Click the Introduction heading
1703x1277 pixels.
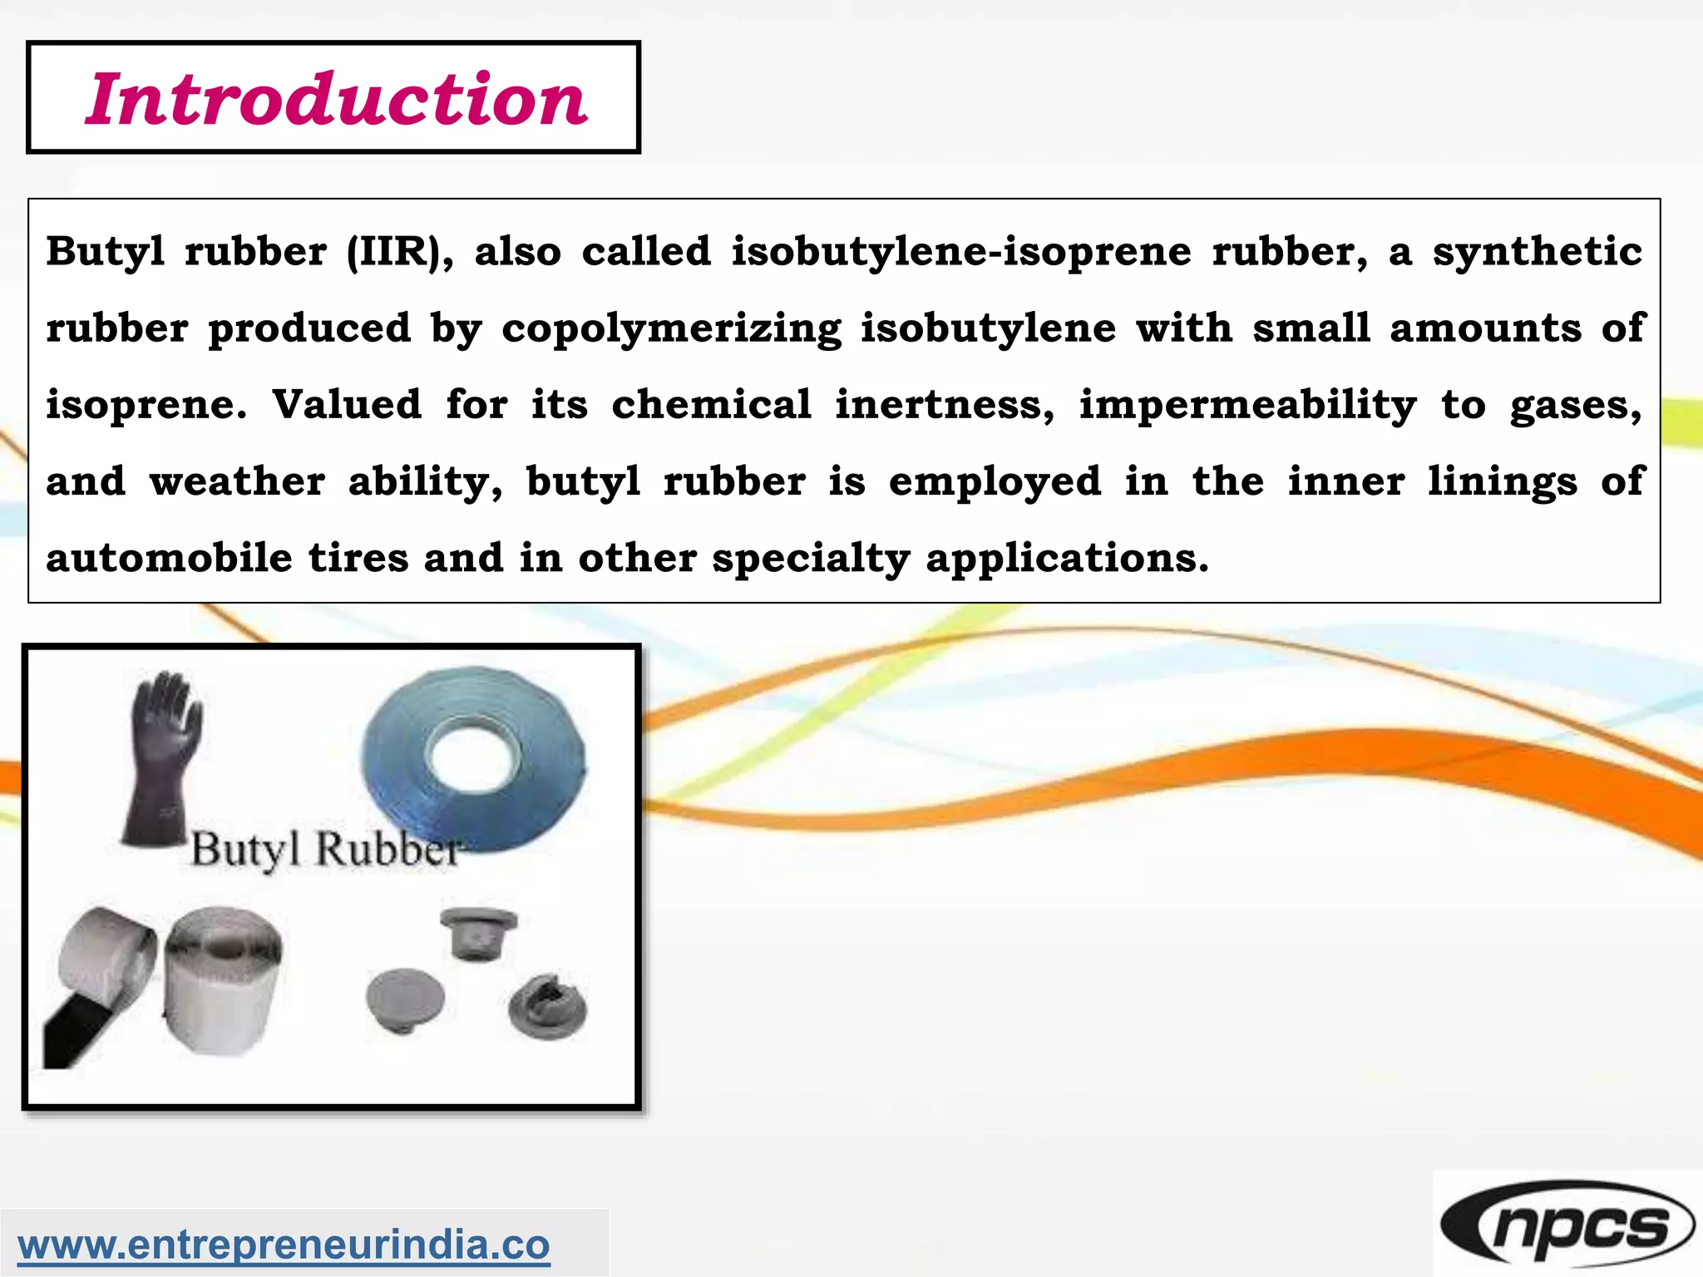[336, 99]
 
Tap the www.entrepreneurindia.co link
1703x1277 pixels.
[284, 1245]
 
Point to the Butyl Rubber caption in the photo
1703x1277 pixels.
[325, 850]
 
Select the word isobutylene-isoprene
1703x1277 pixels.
[961, 251]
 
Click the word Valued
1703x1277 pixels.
[347, 405]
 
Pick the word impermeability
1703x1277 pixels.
[1247, 406]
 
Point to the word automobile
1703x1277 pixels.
[169, 558]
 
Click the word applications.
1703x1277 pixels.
[1066, 559]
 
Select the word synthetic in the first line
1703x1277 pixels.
[1537, 251]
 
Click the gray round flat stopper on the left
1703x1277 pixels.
[404, 998]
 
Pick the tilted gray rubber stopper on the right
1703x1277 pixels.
[547, 1006]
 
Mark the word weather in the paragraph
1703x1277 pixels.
[237, 481]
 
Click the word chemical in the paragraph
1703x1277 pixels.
[711, 405]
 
